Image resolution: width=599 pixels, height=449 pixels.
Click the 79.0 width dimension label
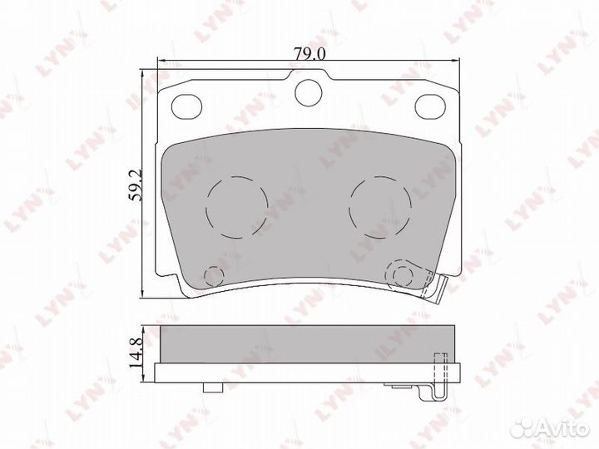click(309, 54)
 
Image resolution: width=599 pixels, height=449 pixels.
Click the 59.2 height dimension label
click(136, 185)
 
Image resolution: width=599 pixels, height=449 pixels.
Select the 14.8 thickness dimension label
click(136, 350)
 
